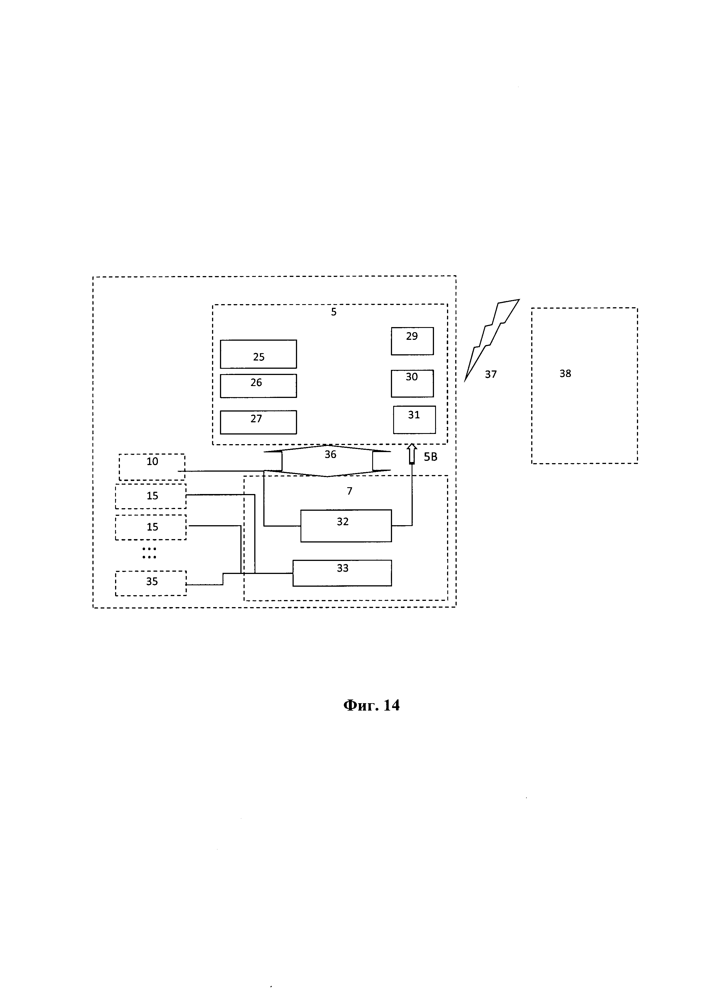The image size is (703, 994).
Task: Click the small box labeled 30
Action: (412, 383)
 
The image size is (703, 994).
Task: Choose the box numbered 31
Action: (414, 419)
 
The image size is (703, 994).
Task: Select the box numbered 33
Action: (342, 573)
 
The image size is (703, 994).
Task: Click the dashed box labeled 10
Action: (152, 467)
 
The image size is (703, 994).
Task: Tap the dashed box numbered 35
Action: (151, 583)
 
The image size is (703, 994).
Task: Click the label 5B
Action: (430, 457)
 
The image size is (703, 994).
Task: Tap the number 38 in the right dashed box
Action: (565, 373)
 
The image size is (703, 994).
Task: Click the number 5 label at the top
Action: (333, 312)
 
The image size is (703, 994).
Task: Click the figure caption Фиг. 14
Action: (371, 705)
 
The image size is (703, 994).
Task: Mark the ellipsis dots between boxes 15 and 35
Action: (149, 553)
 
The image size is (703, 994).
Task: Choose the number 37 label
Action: (490, 374)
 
